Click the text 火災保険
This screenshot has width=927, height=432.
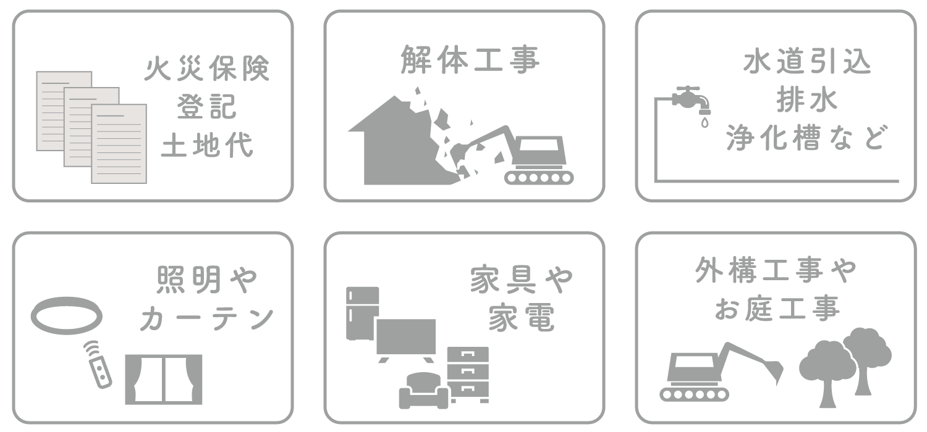[x=207, y=69]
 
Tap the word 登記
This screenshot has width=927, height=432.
[x=207, y=107]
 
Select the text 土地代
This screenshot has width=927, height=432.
[x=207, y=145]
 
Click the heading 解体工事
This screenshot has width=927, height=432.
[x=470, y=59]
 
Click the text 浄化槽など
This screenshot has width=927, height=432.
[x=807, y=138]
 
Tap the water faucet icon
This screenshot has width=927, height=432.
[x=691, y=100]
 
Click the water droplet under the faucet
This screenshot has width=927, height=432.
[x=705, y=122]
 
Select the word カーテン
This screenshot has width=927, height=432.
[x=207, y=318]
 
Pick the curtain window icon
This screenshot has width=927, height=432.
[x=164, y=379]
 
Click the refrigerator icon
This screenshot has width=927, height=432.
[x=362, y=314]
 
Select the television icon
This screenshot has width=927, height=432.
[x=406, y=339]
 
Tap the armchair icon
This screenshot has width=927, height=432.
[x=423, y=391]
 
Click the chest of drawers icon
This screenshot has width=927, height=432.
[x=468, y=374]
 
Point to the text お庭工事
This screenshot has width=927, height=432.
[x=777, y=309]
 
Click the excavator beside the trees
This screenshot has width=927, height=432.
[x=721, y=372]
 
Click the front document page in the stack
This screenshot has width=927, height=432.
[x=119, y=143]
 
